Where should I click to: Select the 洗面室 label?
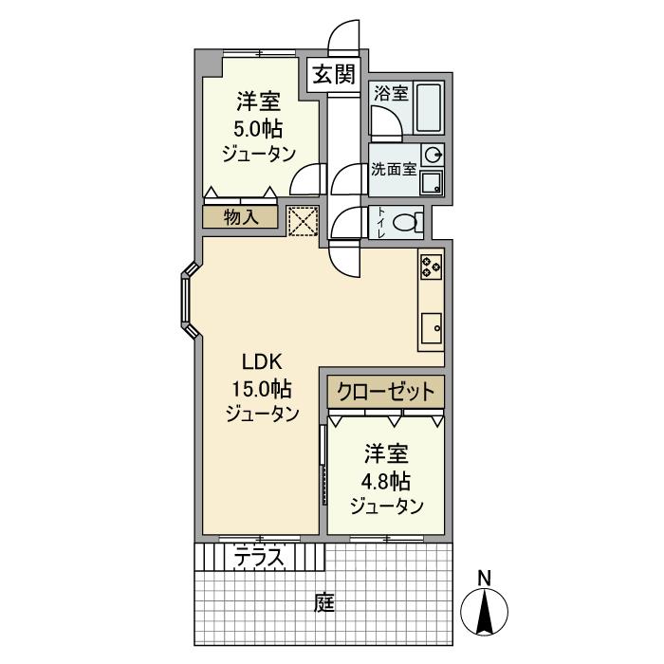393,171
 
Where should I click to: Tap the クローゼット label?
386,391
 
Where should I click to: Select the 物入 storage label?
240,217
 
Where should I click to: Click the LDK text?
260,360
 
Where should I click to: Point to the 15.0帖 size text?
261,387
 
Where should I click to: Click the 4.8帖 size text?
385,479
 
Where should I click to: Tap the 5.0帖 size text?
257,129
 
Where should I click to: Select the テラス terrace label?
259,558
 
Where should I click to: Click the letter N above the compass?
484,576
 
